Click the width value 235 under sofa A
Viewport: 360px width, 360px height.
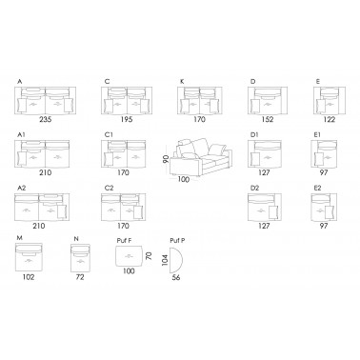(x=46, y=120)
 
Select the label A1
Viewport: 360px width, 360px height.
(x=21, y=135)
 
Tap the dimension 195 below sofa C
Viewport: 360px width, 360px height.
(x=127, y=120)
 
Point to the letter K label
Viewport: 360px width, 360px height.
(x=182, y=82)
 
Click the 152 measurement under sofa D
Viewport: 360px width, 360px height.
(x=268, y=120)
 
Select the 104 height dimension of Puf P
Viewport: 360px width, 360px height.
(x=165, y=260)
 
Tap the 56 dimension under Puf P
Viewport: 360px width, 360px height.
(x=176, y=277)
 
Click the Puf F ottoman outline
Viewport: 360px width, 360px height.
(x=129, y=256)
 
